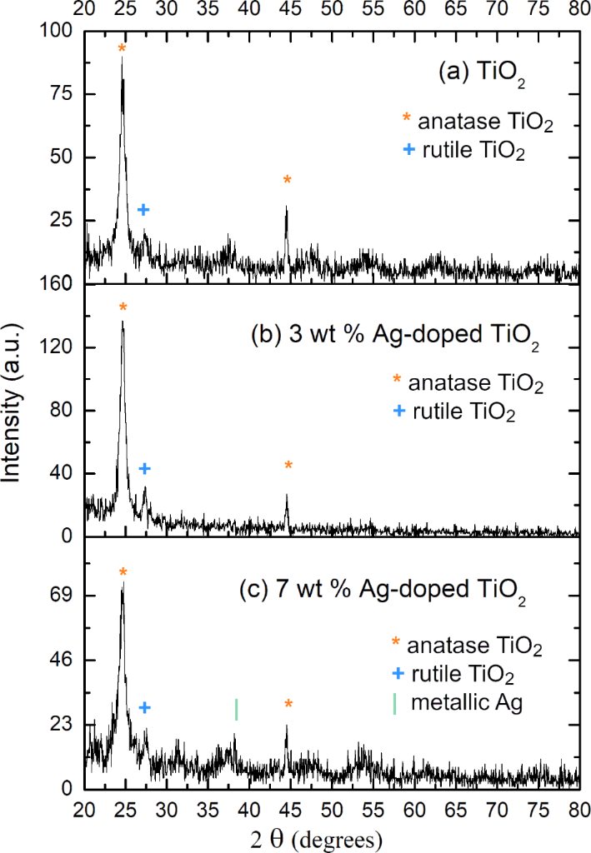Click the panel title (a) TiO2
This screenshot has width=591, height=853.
pos(487,73)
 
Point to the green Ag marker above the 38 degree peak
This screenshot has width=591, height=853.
pos(237,709)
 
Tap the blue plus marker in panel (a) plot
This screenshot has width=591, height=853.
pos(143,210)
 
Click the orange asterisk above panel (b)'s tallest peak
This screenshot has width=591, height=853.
pos(123,308)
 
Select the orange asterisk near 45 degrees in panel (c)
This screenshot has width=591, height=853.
pos(288,705)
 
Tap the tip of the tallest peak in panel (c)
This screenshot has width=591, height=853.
pos(123,584)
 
